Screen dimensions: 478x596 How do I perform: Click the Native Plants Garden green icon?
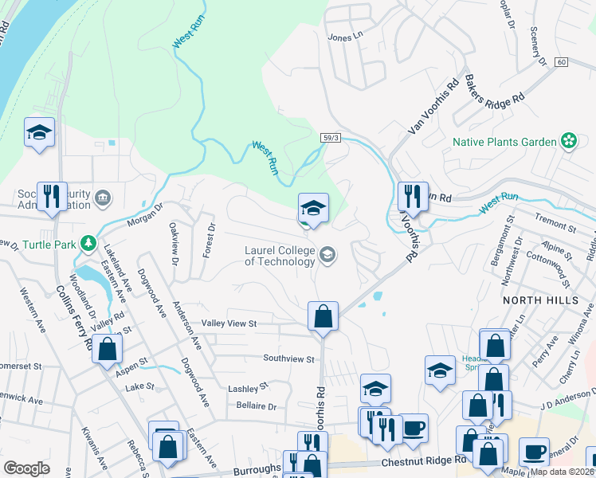568,142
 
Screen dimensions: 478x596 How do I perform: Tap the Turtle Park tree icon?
90,245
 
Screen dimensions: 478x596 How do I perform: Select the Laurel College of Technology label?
280,256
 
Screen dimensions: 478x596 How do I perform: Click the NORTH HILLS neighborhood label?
534,300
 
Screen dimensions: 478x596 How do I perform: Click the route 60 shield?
562,62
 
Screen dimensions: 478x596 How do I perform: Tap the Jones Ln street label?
345,37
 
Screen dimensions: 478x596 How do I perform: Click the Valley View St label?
229,323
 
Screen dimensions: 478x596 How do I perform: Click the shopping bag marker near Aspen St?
107,348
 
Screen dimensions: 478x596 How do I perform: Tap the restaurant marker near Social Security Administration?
52,196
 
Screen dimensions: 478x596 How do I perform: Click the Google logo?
26,468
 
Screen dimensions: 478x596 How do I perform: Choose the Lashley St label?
249,388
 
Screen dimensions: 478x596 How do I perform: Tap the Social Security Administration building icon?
103,197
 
